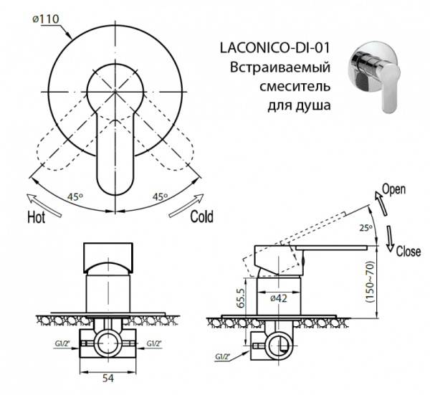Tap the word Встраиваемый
(x=279, y=69)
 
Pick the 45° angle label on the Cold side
(x=159, y=196)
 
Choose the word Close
(x=407, y=252)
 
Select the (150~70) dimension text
(x=372, y=281)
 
